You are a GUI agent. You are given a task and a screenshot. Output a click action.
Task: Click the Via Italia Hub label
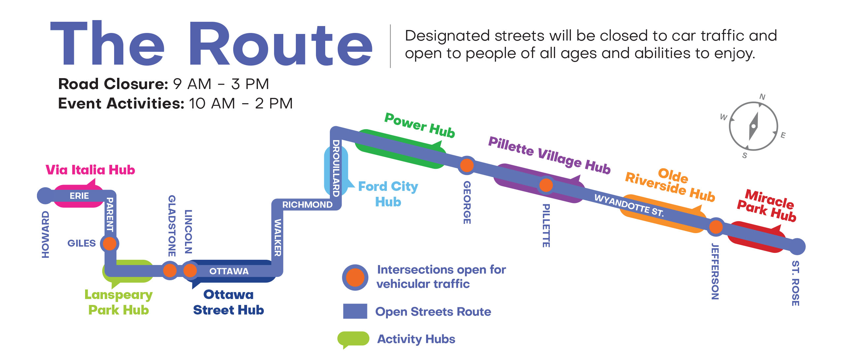tap(90, 170)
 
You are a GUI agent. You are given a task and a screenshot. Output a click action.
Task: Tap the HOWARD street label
tap(46, 234)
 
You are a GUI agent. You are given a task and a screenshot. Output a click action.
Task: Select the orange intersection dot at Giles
tap(109, 244)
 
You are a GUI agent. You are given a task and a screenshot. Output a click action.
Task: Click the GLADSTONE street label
tap(172, 226)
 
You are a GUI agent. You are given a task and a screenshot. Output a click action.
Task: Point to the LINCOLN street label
tap(188, 231)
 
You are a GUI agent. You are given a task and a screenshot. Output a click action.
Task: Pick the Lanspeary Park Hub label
tap(119, 302)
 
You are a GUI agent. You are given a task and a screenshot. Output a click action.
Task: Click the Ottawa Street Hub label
tap(229, 302)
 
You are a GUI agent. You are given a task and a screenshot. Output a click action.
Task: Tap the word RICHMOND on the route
tap(307, 205)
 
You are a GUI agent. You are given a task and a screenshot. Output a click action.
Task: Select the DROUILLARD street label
tap(336, 168)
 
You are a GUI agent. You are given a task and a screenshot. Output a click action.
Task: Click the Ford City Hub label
tap(388, 194)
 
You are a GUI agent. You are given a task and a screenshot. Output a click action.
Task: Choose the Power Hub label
tap(420, 125)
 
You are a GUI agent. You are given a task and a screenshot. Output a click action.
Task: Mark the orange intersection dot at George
tap(467, 165)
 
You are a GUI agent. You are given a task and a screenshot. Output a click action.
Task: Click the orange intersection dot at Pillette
tap(546, 185)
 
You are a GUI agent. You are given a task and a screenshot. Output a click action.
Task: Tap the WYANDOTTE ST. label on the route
tap(629, 205)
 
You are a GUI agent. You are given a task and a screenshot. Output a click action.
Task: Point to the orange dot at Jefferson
tap(716, 227)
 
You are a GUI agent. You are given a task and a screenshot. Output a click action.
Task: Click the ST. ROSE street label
tap(795, 283)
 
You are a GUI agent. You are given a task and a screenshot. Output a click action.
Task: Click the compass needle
tap(754, 126)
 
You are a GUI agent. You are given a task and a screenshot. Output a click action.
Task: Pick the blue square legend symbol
tap(355, 311)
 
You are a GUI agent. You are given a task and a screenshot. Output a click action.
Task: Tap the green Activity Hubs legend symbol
tap(353, 339)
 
